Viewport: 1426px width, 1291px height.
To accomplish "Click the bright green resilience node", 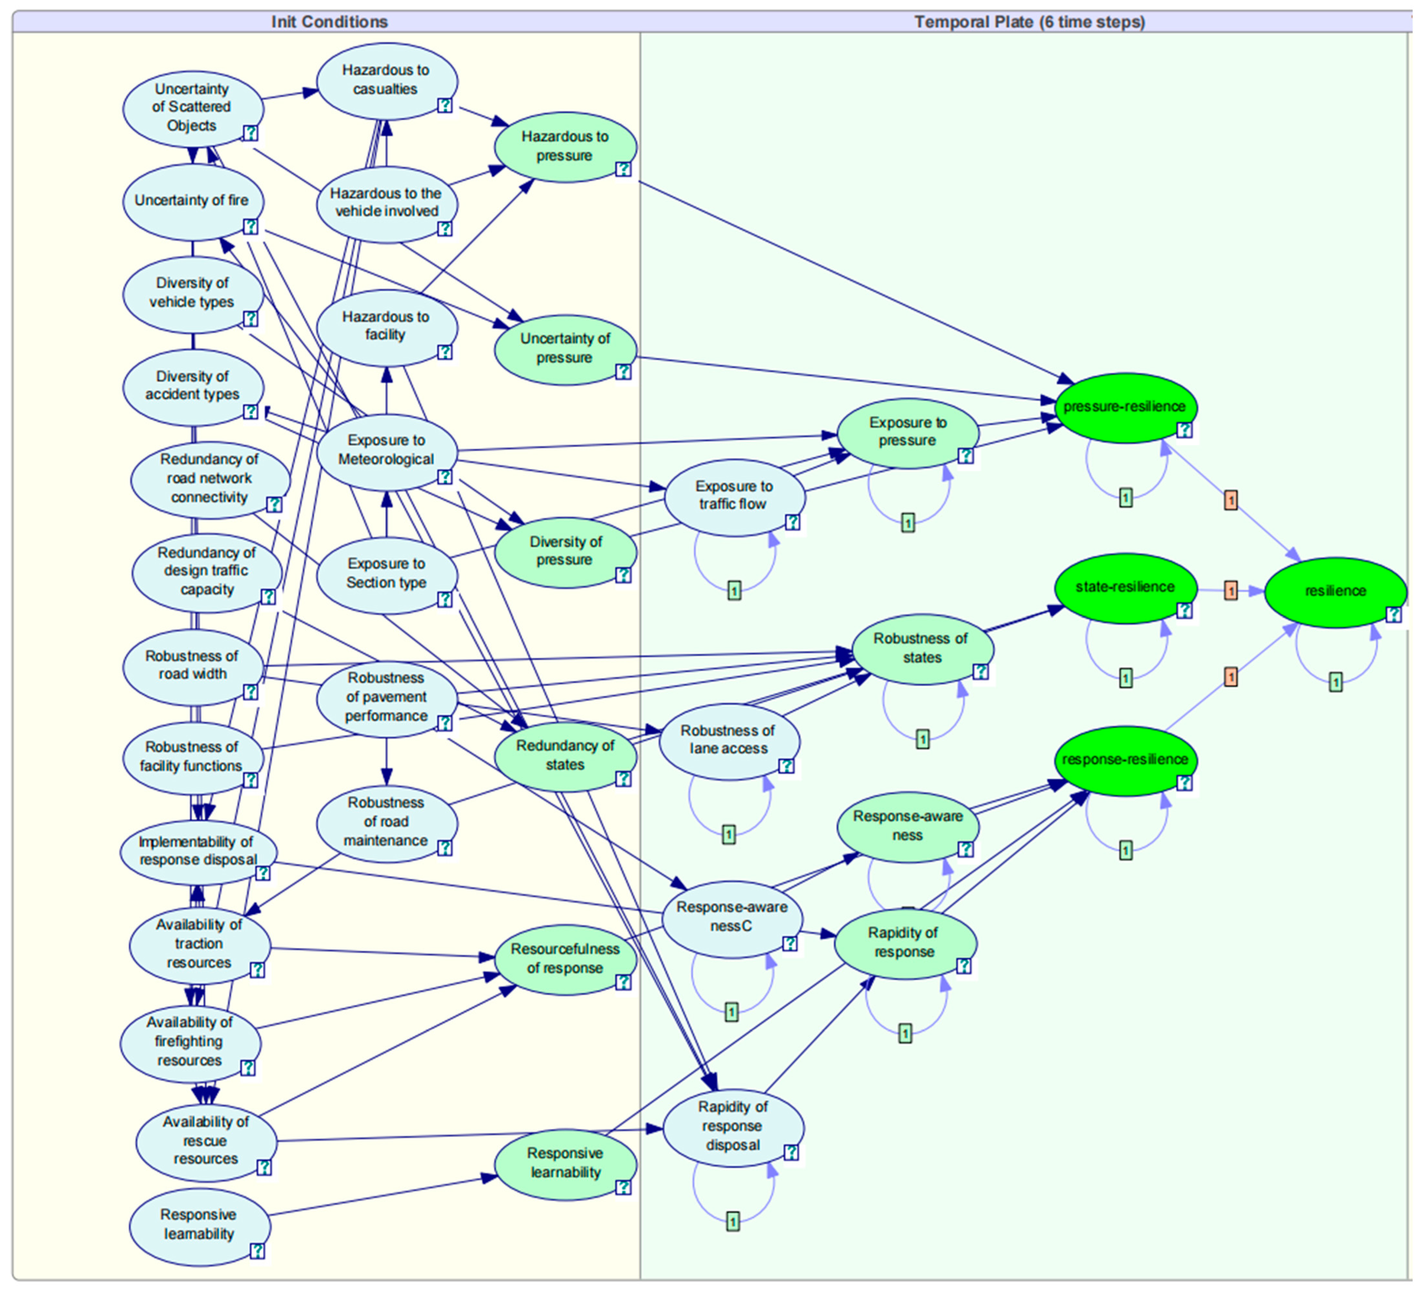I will (x=1334, y=591).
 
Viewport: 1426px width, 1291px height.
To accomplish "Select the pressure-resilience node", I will (x=1125, y=407).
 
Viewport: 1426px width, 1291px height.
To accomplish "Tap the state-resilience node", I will (x=1125, y=587).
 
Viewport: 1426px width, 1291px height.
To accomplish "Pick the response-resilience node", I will (x=1125, y=760).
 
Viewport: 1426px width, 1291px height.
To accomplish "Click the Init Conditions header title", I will (x=330, y=22).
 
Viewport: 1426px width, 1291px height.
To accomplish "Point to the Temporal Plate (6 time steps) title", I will (x=1029, y=22).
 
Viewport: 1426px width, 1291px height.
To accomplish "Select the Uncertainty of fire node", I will (x=192, y=201).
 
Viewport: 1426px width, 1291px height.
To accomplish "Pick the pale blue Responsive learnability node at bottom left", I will (x=199, y=1224).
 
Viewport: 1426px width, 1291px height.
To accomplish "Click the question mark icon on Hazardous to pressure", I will (x=622, y=169).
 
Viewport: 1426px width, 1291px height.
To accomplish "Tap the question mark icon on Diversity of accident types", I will (x=251, y=412).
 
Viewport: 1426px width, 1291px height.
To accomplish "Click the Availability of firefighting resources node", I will (x=190, y=1041).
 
